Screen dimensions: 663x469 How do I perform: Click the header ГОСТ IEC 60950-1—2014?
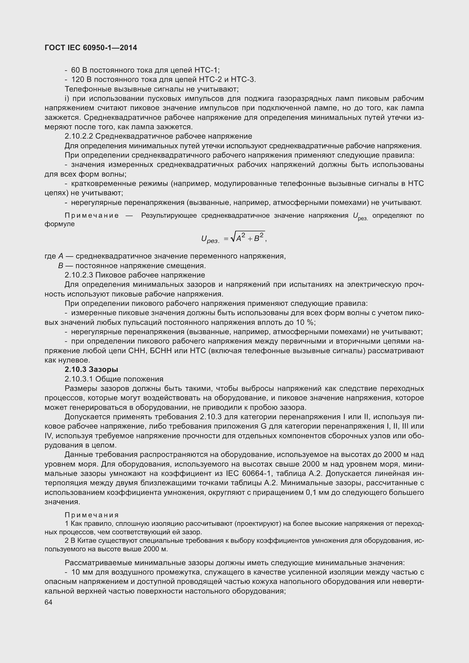[x=91, y=48]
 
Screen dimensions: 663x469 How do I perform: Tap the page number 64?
[x=48, y=602]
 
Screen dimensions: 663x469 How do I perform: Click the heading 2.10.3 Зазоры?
[x=91, y=369]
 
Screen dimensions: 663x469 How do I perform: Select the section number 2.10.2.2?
[x=79, y=136]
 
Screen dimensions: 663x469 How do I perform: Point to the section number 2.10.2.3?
[x=79, y=275]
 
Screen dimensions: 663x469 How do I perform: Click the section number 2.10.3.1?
[x=79, y=379]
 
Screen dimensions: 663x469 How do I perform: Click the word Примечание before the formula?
[x=92, y=216]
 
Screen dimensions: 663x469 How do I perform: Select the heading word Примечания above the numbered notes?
[x=92, y=515]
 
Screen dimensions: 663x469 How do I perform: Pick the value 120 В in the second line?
[x=81, y=79]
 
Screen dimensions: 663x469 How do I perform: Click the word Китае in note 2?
[x=88, y=540]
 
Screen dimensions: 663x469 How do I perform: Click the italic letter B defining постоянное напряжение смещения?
[x=60, y=266]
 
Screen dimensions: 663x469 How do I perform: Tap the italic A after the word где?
[x=60, y=256]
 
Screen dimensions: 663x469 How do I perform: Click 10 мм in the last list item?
[x=81, y=572]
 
